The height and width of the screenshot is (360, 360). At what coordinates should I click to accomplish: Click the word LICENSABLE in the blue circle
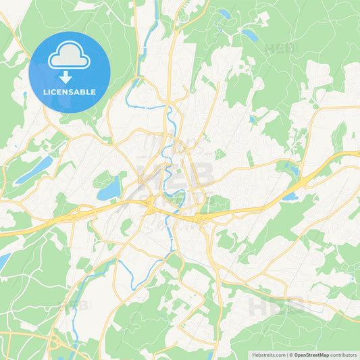point(70,92)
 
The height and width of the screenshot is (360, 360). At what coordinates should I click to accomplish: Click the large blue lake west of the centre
point(109,188)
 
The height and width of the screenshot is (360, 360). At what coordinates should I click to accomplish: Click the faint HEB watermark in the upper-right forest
point(281,49)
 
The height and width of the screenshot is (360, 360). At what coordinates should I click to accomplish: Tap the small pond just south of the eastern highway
point(289,197)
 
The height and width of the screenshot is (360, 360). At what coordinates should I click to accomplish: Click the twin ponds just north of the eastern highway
point(292,168)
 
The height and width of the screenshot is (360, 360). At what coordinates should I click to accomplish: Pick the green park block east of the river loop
point(217,202)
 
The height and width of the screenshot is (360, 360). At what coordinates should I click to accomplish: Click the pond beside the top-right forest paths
point(249,34)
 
